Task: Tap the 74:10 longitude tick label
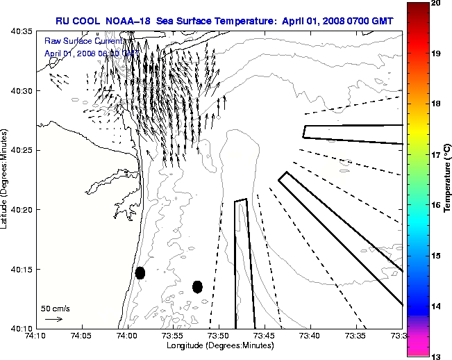click(36, 335)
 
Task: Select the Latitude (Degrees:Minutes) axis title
click(6, 180)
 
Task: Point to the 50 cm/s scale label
click(54, 308)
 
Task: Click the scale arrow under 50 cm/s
click(53, 319)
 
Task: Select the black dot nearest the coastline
click(140, 272)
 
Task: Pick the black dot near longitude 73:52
click(197, 286)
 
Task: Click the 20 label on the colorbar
click(437, 3)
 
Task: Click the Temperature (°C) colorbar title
click(448, 180)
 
